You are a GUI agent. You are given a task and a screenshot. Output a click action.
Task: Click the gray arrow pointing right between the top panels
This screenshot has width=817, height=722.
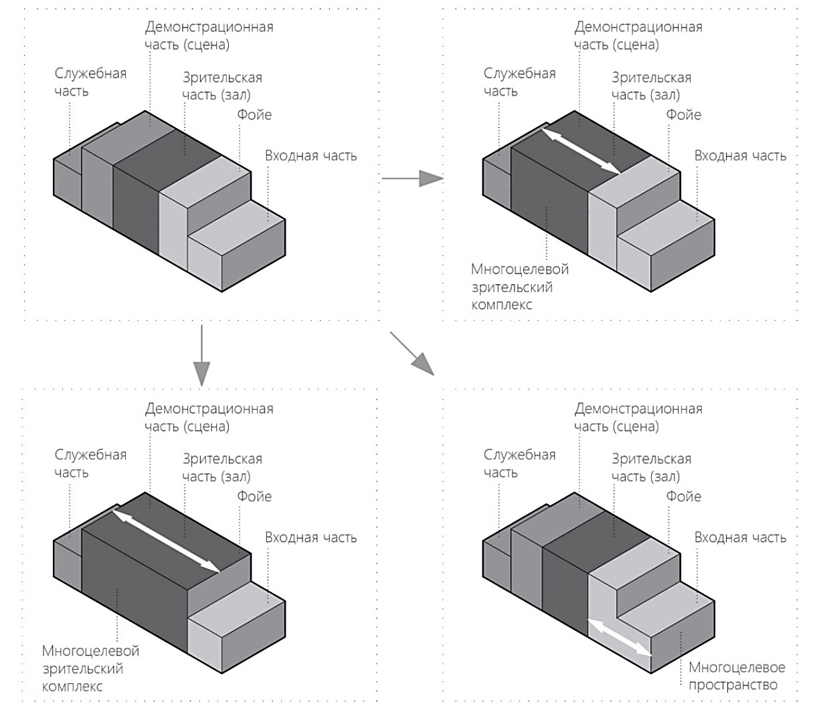pyautogui.click(x=412, y=178)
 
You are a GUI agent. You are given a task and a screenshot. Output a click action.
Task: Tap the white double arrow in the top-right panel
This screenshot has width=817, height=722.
pyautogui.click(x=580, y=153)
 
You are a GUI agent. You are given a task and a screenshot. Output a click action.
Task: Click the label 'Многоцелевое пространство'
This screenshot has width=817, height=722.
pyautogui.click(x=737, y=676)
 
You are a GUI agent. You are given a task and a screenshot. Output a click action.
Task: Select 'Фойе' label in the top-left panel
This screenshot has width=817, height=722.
pyautogui.click(x=254, y=115)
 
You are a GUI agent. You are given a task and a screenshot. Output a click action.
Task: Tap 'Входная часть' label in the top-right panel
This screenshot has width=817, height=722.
pyautogui.click(x=740, y=156)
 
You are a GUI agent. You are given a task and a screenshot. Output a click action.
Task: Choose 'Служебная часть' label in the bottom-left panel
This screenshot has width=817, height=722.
pyautogui.click(x=90, y=463)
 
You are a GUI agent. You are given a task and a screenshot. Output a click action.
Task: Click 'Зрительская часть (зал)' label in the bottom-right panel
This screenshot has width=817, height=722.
pyautogui.click(x=651, y=467)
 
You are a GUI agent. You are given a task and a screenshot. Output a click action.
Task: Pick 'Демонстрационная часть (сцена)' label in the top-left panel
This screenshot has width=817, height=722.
pyautogui.click(x=209, y=36)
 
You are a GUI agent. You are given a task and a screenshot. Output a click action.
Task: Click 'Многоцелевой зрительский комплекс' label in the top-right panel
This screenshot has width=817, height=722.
pyautogui.click(x=520, y=287)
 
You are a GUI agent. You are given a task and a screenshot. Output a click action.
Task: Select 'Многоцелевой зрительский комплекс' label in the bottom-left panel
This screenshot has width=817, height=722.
pyautogui.click(x=90, y=668)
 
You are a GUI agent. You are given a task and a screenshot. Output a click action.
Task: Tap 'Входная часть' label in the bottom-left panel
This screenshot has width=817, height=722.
pyautogui.click(x=310, y=537)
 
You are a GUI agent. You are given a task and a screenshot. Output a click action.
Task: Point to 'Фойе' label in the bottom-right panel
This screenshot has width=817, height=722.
pyautogui.click(x=684, y=496)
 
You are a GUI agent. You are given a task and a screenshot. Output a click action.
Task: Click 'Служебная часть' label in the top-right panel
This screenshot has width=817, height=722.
pyautogui.click(x=520, y=82)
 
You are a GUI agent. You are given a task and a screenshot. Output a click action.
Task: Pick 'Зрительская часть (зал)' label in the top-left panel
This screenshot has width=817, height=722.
pyautogui.click(x=222, y=86)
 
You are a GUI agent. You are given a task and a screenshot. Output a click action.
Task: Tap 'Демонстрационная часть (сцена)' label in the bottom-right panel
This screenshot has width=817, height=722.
pyautogui.click(x=638, y=417)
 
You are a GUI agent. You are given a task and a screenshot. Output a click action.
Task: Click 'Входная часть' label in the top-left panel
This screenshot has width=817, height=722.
pyautogui.click(x=310, y=156)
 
